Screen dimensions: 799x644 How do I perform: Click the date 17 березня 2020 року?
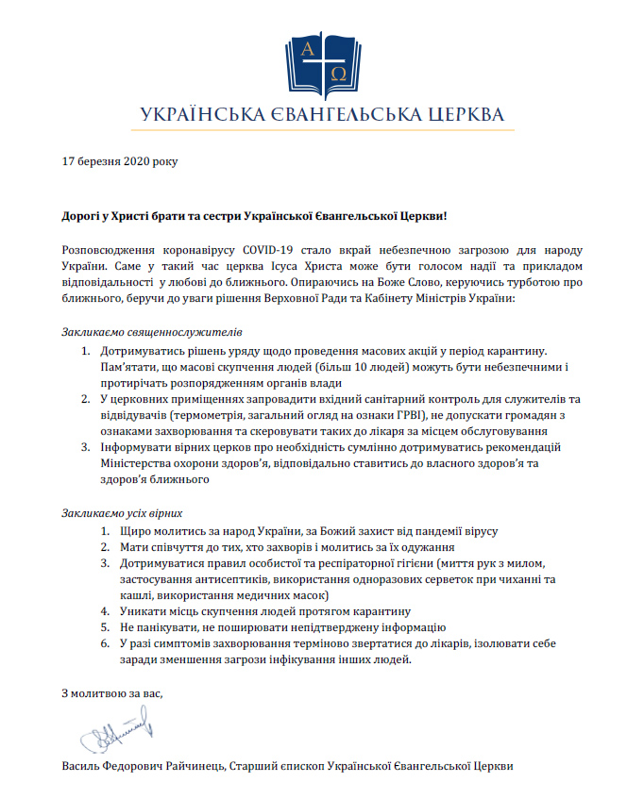tap(118, 160)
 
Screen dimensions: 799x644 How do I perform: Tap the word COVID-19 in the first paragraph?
tap(267, 249)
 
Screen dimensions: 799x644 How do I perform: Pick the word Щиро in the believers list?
tap(134, 531)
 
